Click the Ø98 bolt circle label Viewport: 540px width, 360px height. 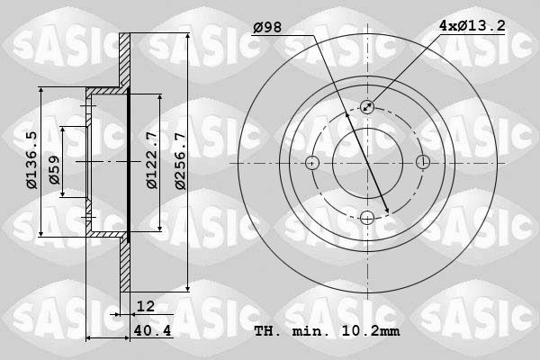pos(267,28)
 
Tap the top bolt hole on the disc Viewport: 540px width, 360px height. pos(367,107)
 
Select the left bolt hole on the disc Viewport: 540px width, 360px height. pos(312,163)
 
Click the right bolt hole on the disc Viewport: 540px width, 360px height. pos(422,163)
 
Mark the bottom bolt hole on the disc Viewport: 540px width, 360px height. pos(367,218)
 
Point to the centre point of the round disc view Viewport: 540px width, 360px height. pos(367,163)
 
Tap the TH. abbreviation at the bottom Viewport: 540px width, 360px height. pos(268,332)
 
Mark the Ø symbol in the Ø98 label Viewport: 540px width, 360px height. pos(257,28)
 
